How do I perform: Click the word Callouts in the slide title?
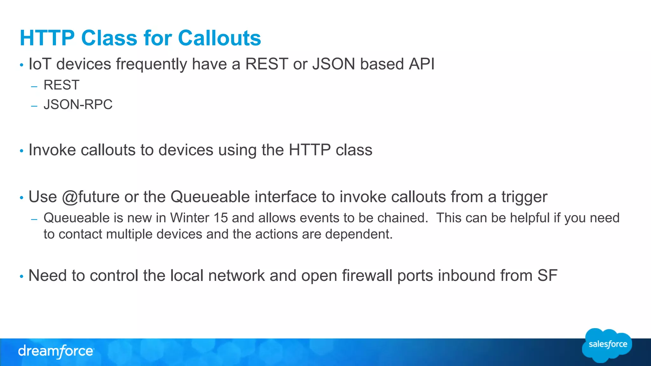219,38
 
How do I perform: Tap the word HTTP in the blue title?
47,38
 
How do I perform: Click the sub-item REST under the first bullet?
61,85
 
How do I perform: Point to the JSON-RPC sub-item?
78,105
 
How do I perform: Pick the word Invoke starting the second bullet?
52,150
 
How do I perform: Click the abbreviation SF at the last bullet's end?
547,275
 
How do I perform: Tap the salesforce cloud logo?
607,345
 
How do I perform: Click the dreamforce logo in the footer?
56,351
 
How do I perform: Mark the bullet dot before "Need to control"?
22,276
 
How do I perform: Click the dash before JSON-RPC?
34,106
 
